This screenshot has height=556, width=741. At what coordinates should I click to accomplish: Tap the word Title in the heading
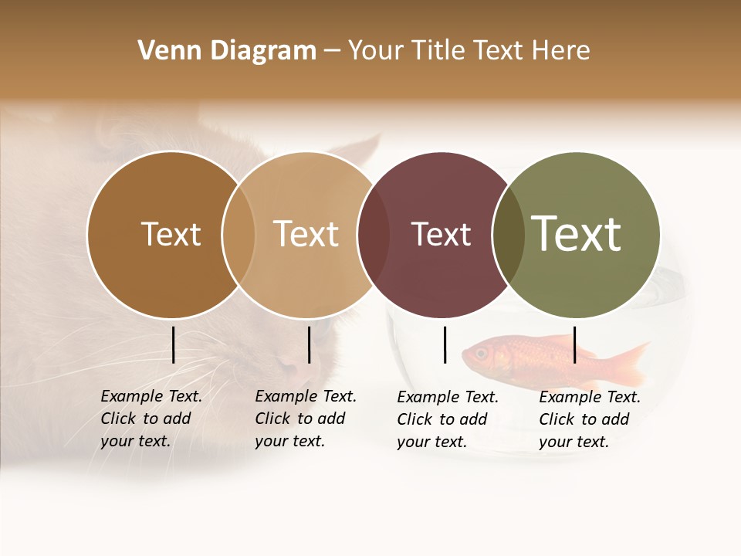click(x=436, y=51)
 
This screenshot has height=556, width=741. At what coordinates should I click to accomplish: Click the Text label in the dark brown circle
click(x=171, y=234)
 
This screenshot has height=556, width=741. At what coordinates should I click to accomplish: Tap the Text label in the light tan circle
click(x=306, y=234)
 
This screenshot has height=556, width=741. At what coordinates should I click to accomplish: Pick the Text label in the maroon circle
click(x=441, y=234)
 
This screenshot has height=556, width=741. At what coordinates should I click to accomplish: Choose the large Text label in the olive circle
click(x=577, y=234)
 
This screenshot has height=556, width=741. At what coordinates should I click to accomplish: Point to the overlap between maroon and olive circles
click(x=509, y=235)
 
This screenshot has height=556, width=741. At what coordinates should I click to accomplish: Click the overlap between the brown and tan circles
click(x=239, y=235)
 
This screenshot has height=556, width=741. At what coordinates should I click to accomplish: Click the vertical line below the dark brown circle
click(x=174, y=344)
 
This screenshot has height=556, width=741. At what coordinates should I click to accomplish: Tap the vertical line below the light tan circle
click(x=309, y=344)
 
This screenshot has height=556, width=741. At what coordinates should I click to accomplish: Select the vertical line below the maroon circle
click(x=445, y=344)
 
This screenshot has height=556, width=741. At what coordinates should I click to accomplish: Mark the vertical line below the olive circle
click(x=575, y=344)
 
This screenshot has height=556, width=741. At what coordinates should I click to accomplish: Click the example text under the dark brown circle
click(x=151, y=419)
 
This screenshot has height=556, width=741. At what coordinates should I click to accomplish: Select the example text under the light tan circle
click(x=306, y=419)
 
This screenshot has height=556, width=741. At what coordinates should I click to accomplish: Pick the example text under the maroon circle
click(x=448, y=419)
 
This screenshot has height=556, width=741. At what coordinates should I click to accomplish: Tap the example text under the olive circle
click(x=590, y=419)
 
